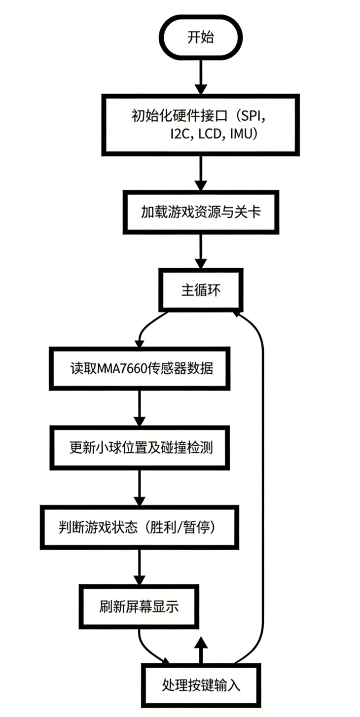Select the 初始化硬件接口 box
click(x=200, y=124)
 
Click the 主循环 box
click(x=200, y=290)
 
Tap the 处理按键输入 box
click(x=200, y=685)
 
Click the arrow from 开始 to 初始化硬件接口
click(x=200, y=76)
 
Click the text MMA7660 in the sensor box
click(x=122, y=368)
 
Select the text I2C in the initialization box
click(x=179, y=134)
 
